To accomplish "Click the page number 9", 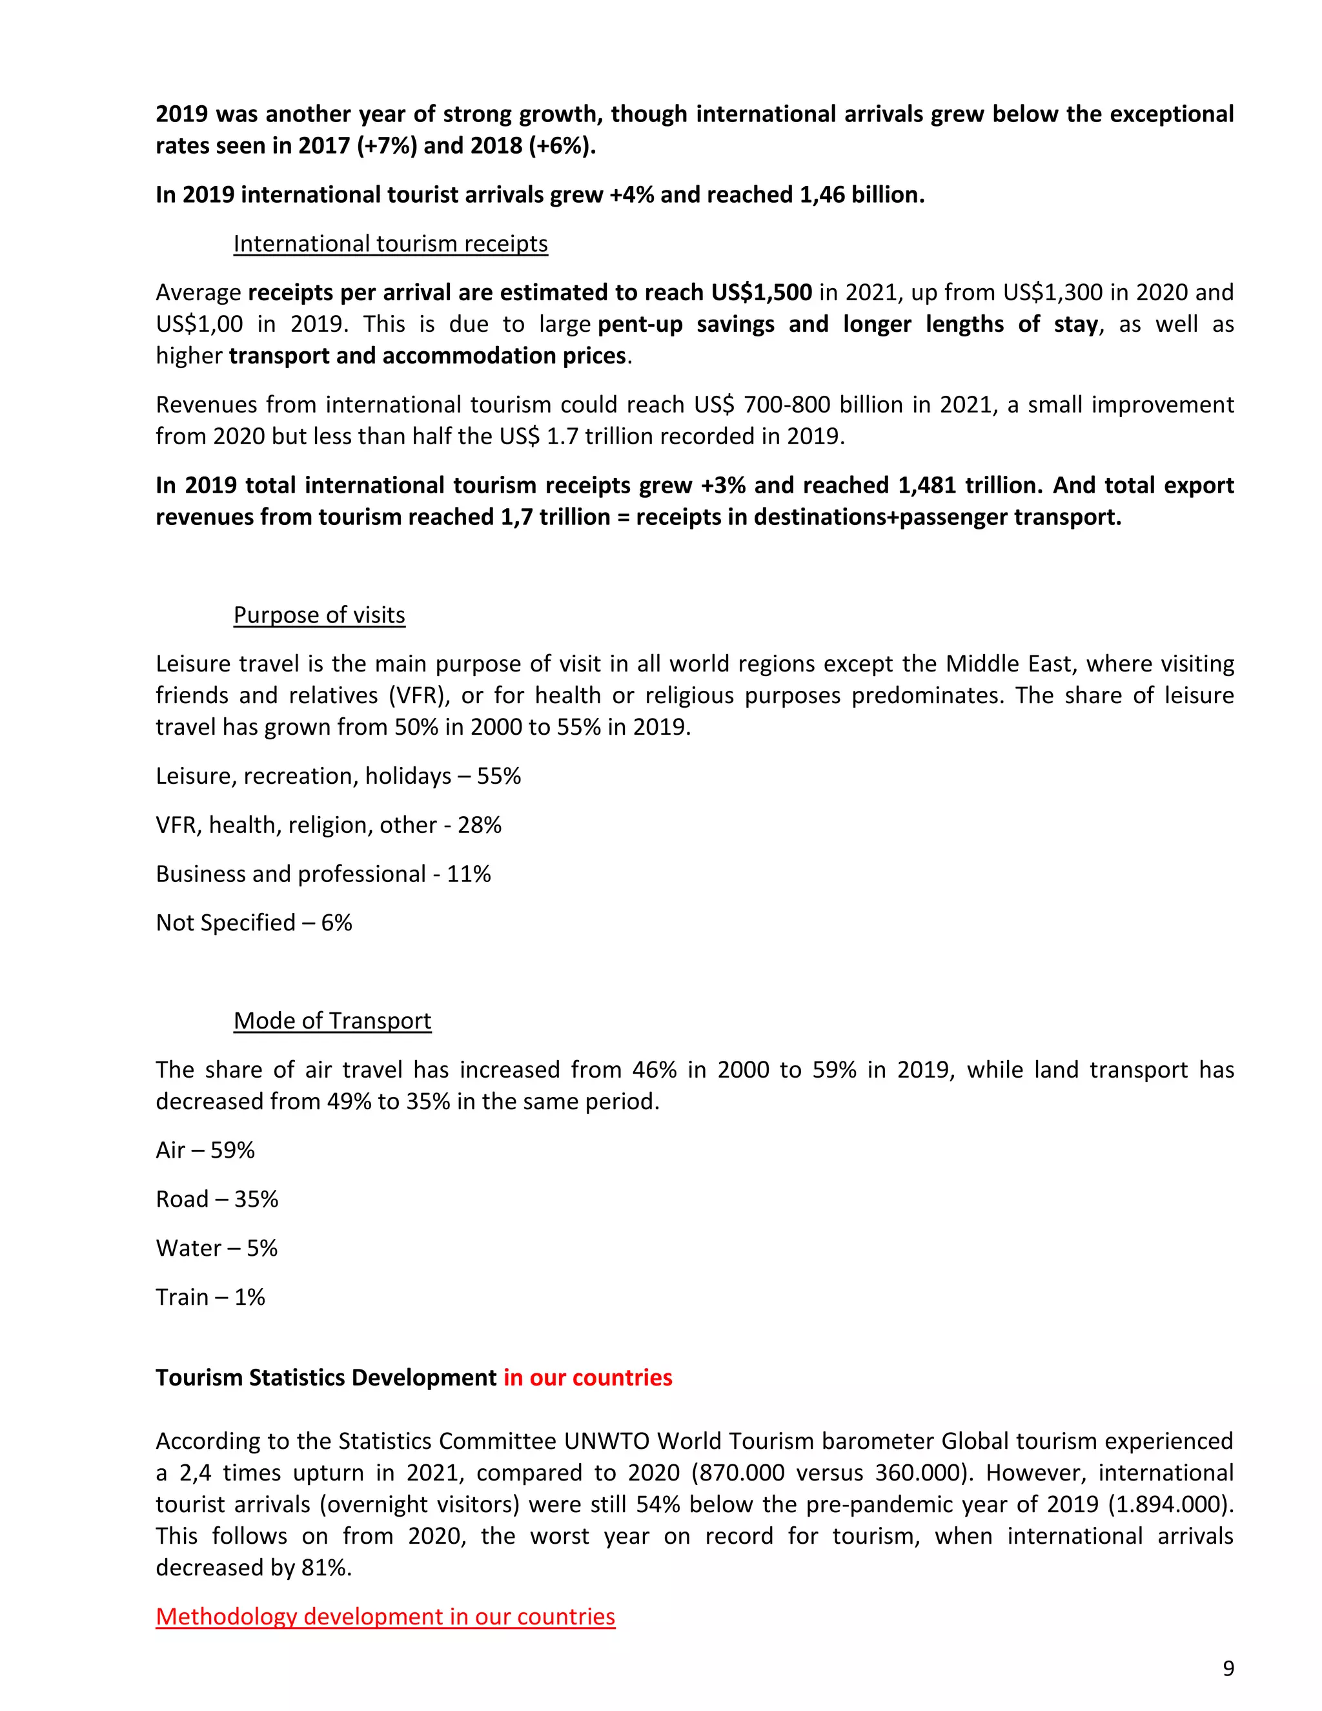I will tap(1228, 1668).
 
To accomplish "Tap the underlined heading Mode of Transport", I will tap(332, 1021).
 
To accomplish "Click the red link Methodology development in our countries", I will tap(385, 1616).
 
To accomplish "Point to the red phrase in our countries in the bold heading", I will tap(587, 1378).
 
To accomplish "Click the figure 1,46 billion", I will tap(862, 195).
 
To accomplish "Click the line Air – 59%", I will tap(205, 1150).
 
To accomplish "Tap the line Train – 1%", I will tap(210, 1297).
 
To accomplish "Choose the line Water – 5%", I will tap(216, 1248).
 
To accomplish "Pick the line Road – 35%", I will tap(217, 1200).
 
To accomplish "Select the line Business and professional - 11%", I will tap(323, 874).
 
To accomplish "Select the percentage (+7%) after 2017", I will tap(387, 147).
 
